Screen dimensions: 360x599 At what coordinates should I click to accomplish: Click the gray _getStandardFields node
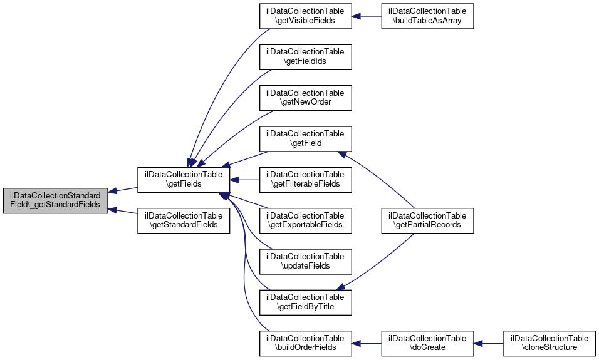coord(55,200)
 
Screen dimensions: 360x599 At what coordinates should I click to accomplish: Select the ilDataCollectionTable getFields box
coord(184,180)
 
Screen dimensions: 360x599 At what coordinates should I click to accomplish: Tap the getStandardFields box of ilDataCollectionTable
coord(184,219)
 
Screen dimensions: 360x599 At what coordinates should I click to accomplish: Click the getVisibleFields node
coord(306,16)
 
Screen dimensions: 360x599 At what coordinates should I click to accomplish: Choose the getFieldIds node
coord(306,56)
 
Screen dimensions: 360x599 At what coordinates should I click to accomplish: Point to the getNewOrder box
coord(306,97)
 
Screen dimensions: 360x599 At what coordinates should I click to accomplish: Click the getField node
coord(306,138)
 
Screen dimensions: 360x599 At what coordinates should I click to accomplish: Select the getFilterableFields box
coord(306,179)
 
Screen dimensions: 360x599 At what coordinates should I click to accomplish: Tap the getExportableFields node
coord(306,220)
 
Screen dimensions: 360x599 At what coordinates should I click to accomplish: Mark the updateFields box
coord(306,261)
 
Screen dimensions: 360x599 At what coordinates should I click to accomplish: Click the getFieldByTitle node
coord(306,302)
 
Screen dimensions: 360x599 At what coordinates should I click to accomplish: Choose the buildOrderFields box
coord(306,342)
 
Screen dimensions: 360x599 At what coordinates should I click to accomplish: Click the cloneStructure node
coord(549,342)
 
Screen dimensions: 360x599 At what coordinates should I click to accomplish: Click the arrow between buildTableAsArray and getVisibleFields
coord(367,16)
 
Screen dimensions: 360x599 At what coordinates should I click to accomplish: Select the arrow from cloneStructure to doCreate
coord(489,343)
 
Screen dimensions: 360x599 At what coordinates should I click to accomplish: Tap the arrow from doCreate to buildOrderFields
coord(367,343)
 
